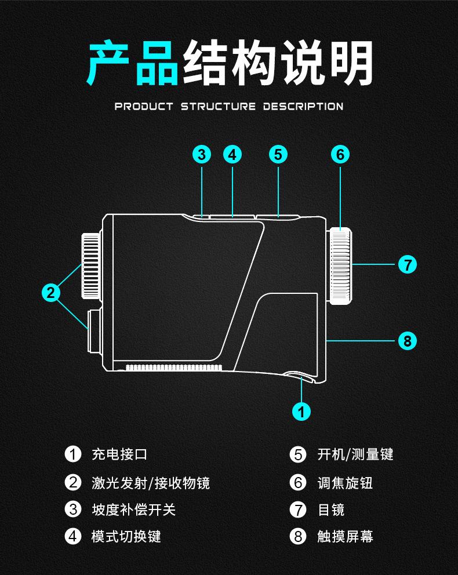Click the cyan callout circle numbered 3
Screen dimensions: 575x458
(x=201, y=155)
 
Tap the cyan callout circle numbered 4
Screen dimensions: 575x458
(x=232, y=155)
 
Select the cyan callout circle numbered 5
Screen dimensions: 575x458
(x=278, y=155)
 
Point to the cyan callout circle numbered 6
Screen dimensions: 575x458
(x=340, y=155)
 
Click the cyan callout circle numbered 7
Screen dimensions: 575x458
(x=408, y=265)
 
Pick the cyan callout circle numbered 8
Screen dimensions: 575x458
(x=408, y=341)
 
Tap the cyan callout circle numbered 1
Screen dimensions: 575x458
(x=301, y=411)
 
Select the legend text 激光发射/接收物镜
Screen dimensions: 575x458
(x=151, y=482)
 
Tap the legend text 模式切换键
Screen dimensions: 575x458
(x=126, y=536)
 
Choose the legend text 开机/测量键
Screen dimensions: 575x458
(x=355, y=454)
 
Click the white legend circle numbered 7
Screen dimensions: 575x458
(x=298, y=510)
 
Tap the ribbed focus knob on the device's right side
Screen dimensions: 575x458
(x=341, y=266)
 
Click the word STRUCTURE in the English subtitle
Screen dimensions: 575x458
(x=218, y=106)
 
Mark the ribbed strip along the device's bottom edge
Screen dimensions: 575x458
(x=174, y=367)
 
